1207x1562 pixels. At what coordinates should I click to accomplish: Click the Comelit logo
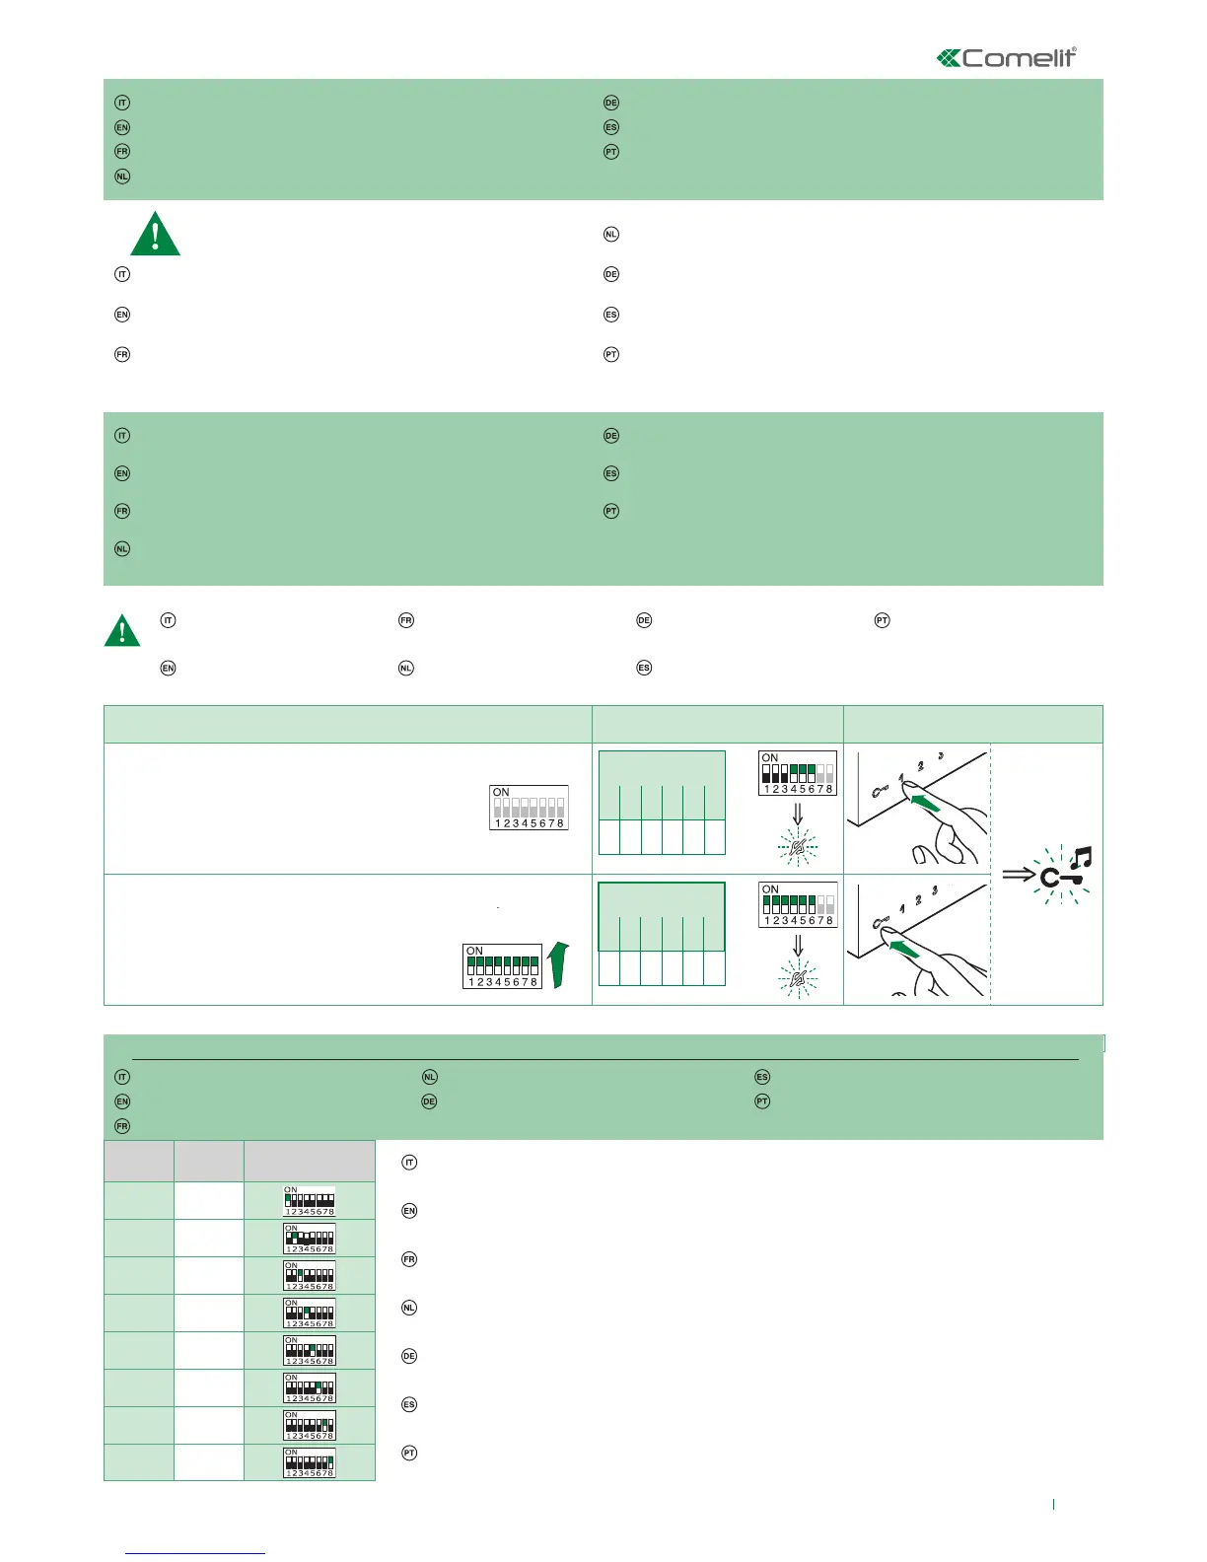click(x=1006, y=58)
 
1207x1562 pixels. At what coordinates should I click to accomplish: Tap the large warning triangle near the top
click(x=155, y=235)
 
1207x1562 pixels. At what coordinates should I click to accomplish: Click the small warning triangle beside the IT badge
click(x=122, y=629)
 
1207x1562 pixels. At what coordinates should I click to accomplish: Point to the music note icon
click(x=1080, y=859)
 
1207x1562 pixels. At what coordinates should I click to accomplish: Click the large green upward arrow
click(x=558, y=963)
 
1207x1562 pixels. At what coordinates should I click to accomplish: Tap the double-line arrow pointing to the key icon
click(x=1020, y=875)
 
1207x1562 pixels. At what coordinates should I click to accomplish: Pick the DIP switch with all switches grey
click(x=529, y=808)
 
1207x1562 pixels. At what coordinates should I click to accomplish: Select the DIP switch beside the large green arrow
click(x=503, y=966)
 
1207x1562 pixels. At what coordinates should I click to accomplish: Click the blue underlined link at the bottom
click(x=196, y=1553)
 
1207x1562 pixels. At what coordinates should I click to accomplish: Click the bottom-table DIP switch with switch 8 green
click(x=310, y=1463)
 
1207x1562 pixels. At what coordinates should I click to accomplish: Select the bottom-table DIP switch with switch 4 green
click(x=310, y=1313)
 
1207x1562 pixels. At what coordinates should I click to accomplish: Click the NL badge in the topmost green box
click(x=122, y=177)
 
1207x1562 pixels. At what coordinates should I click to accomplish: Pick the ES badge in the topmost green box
click(x=611, y=127)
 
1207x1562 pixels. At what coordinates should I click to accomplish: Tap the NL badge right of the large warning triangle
click(x=611, y=235)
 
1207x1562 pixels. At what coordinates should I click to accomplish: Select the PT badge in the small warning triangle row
click(x=883, y=620)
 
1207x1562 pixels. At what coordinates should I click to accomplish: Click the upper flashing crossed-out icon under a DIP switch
click(x=798, y=846)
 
